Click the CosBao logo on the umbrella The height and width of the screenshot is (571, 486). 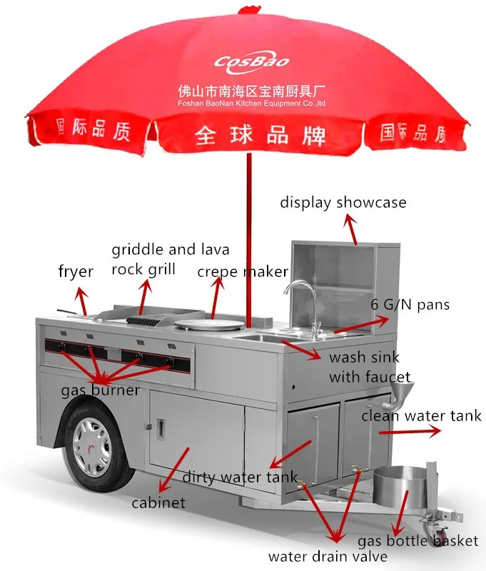click(252, 61)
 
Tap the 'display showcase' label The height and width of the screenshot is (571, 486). click(343, 203)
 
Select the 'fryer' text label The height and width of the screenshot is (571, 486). click(76, 272)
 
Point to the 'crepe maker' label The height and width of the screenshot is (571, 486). click(243, 272)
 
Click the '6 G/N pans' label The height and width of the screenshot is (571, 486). click(410, 305)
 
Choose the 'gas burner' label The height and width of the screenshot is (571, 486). click(100, 391)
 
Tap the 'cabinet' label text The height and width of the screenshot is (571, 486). click(158, 502)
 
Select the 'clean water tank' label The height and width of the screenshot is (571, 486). click(421, 415)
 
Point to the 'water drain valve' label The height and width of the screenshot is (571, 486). click(328, 556)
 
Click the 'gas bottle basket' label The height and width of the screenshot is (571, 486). click(417, 541)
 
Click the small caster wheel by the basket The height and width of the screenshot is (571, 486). click(437, 532)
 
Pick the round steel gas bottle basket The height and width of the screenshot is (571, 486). click(396, 491)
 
